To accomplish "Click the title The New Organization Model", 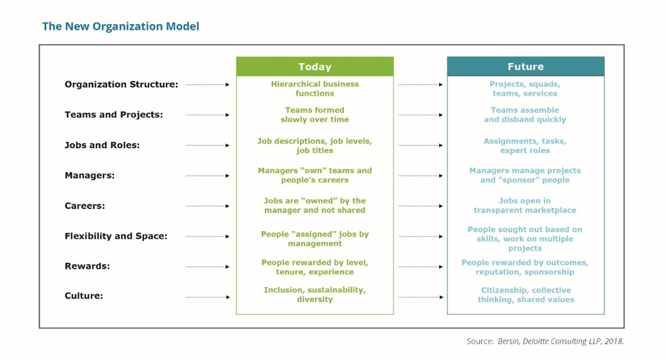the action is [121, 26].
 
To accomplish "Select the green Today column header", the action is [315, 67].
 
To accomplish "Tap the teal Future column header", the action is [526, 67].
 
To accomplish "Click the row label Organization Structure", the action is [121, 84].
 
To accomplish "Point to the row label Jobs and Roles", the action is [102, 145].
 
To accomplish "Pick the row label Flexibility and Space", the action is [116, 236].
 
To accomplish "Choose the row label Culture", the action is [84, 296].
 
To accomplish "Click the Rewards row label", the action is [87, 266].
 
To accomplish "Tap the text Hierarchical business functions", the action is [315, 89].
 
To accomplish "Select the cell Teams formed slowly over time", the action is [315, 115].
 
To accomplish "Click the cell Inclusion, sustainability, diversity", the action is [315, 295].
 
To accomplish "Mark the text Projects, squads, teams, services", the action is [525, 89].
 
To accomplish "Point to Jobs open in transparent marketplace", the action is [525, 206].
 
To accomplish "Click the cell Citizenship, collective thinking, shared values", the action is [526, 295].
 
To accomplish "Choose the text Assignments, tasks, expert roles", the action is [525, 145].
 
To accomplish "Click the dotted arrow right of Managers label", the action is [207, 176].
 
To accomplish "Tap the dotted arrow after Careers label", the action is [207, 206].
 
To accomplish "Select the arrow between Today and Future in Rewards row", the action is [421, 266].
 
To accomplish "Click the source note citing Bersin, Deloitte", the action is [545, 342].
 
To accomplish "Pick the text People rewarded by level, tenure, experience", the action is [315, 267].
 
